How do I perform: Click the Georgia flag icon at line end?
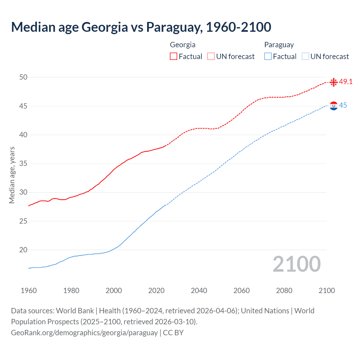coord(334,82)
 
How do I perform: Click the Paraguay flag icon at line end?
coord(334,106)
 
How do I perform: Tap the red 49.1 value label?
coord(346,82)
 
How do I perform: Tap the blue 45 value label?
coord(343,105)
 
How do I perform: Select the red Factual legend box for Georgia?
coord(174,56)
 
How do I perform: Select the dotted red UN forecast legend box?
coord(211,56)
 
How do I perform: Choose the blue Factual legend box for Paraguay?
coord(268,56)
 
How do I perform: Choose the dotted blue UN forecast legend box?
coord(305,56)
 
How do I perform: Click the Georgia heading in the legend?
coord(183,45)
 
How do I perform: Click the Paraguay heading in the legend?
coord(279,45)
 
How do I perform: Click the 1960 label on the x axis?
coord(29,291)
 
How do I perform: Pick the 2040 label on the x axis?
coord(199,291)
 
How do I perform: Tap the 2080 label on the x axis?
coord(284,291)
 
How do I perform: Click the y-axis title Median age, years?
coord(12,175)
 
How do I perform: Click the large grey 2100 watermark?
coord(296,264)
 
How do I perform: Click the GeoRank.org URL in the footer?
coord(84,332)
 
